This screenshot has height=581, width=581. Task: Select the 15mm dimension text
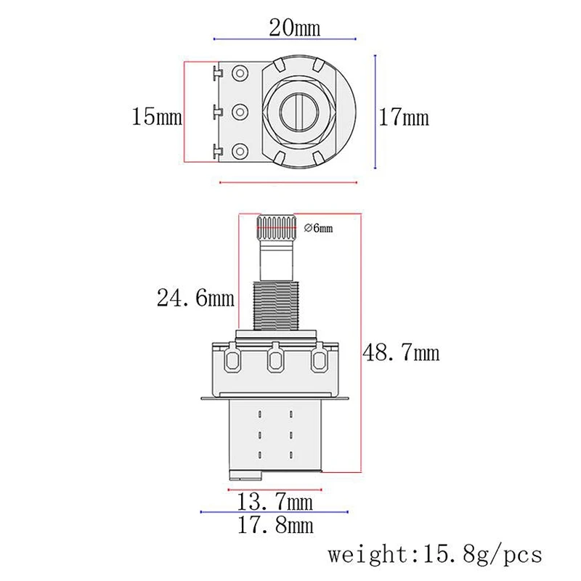pos(156,116)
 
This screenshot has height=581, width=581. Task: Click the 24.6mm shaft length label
pos(195,297)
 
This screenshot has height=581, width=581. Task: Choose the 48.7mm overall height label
pos(402,353)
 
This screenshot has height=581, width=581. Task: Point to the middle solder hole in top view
pos(237,112)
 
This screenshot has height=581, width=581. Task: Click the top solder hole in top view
pos(237,73)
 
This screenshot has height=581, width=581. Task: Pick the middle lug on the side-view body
pos(277,359)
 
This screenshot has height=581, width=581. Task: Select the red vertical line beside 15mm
pos(187,112)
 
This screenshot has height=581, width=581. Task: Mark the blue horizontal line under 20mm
pos(284,38)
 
